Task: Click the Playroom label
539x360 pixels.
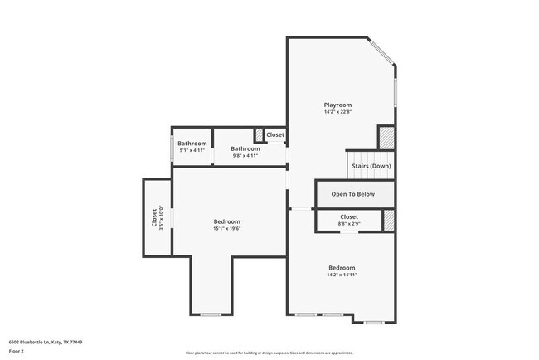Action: tap(337, 105)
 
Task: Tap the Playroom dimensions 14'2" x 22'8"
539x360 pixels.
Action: tap(337, 113)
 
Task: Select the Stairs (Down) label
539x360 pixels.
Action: tap(371, 166)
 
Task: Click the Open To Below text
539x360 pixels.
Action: tap(353, 194)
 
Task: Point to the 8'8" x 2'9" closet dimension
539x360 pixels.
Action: tap(348, 224)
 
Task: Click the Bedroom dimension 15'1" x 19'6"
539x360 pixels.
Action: tap(226, 229)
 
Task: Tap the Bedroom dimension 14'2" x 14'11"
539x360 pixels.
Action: tap(342, 275)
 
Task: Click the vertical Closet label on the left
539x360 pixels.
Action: tap(154, 217)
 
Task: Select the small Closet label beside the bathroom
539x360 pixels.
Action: tap(275, 134)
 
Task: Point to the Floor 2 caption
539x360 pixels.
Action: tap(17, 351)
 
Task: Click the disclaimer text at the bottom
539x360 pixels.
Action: tap(269, 352)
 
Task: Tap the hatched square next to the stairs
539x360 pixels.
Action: tap(386, 137)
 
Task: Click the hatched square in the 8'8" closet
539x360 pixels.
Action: tap(388, 221)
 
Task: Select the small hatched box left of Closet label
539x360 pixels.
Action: tap(259, 134)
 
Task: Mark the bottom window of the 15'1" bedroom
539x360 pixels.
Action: tap(210, 314)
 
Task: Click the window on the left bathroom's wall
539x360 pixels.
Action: tap(172, 148)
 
